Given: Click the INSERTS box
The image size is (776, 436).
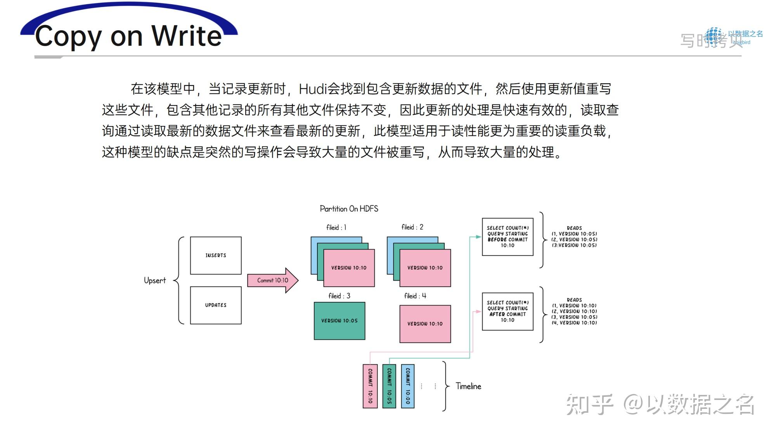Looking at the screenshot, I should point(216,255).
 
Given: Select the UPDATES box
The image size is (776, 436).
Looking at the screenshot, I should point(216,305).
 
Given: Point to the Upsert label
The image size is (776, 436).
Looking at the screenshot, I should point(155,280).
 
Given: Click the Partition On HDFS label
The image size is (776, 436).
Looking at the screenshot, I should point(349,209).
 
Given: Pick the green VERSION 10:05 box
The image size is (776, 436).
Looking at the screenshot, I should point(339,321).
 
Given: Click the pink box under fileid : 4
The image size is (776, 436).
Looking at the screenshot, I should point(425,324).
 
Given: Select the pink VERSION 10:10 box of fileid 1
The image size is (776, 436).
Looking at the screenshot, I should point(349,268).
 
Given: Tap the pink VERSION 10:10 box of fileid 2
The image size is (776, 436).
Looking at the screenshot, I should point(425,268).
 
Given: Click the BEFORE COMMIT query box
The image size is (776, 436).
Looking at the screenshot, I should point(508,237).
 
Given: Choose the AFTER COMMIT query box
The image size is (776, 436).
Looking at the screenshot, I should point(508,312).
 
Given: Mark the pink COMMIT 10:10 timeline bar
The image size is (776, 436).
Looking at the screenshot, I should point(370,386).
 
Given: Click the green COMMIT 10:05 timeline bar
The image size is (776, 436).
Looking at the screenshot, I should point(389,386).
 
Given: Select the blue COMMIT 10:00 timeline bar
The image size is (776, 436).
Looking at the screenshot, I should point(408,386).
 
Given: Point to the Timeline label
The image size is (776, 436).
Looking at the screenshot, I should point(468,386).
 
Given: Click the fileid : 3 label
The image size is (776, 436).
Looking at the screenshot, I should point(339,296).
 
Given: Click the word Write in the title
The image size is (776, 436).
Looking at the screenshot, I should point(187,36).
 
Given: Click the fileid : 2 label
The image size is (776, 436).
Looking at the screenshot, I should point(412,227).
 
